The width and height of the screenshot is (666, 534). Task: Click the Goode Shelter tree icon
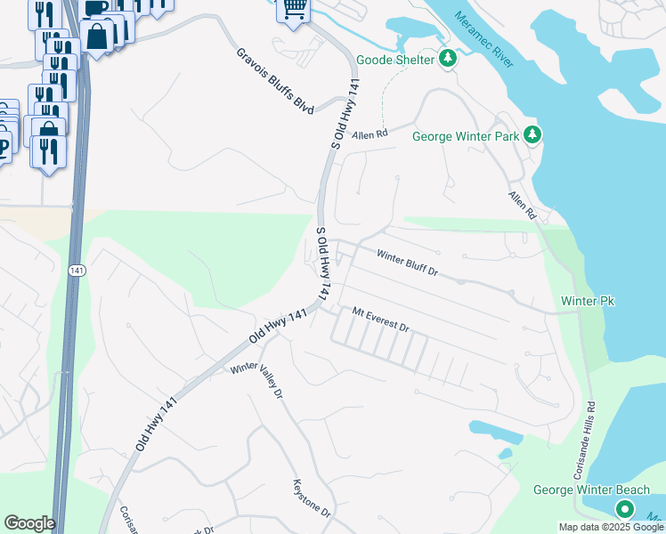pos(448,60)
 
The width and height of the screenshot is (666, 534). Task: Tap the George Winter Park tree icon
pos(532,135)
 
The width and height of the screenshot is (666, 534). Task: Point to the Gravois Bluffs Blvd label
pos(275,80)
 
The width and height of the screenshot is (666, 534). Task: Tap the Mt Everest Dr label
pos(380,320)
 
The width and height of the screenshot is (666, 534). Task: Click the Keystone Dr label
pos(312,499)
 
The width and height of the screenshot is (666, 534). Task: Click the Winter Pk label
pos(588,302)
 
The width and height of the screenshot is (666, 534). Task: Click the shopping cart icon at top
pos(294,9)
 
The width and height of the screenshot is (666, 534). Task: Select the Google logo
pos(29,523)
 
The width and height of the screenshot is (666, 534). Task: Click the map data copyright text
pos(612,527)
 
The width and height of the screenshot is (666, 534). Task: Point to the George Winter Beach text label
pos(591,490)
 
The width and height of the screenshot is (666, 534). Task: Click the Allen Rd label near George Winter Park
pos(370,134)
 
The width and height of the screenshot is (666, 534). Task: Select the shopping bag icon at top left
pos(97,37)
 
